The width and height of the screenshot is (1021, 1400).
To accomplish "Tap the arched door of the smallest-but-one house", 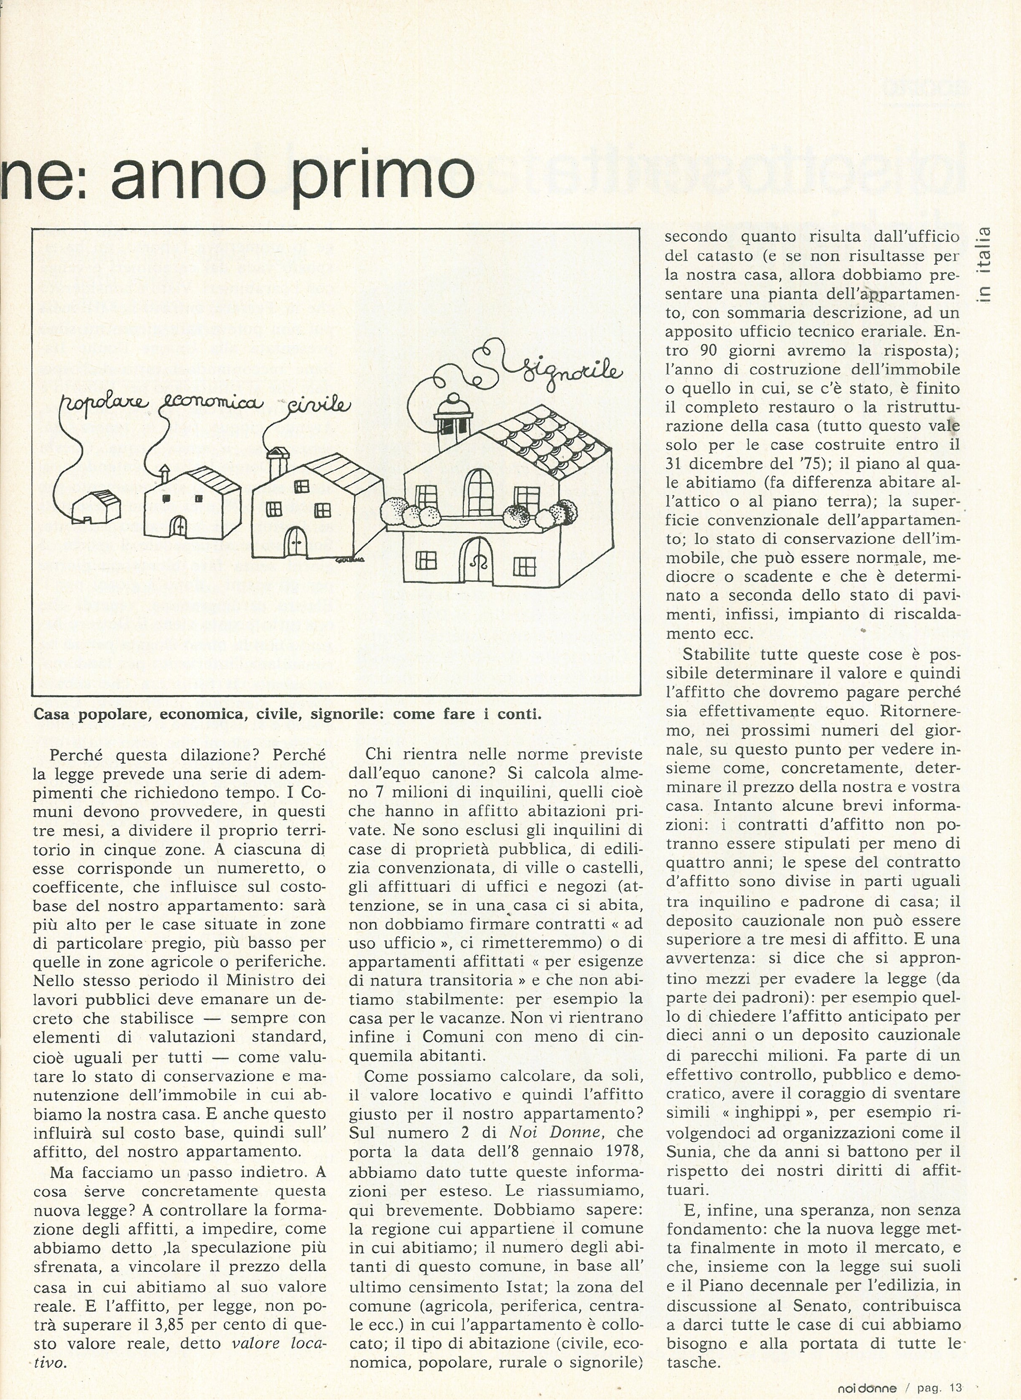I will (x=178, y=525).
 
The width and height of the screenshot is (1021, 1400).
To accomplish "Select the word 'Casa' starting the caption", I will (x=51, y=714).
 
